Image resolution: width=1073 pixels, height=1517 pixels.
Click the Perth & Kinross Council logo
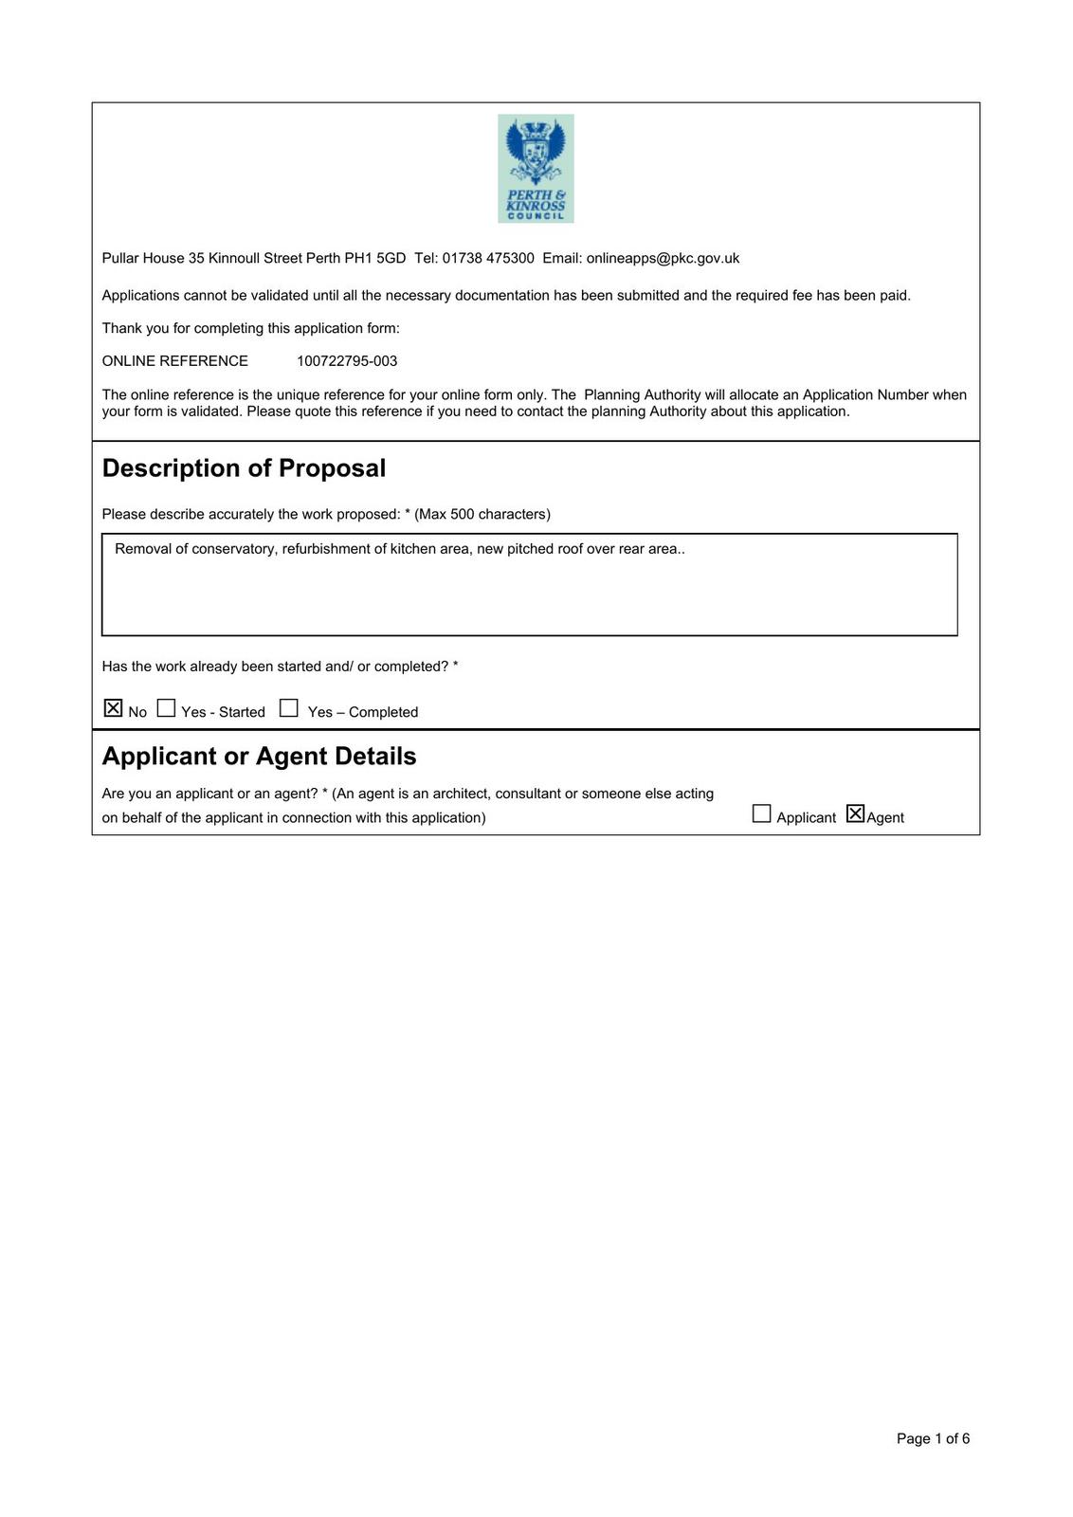(536, 169)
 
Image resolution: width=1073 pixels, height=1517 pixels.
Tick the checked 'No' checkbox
(114, 708)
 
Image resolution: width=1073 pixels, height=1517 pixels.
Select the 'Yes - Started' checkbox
(167, 708)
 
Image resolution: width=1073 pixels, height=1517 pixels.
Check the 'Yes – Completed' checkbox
(289, 708)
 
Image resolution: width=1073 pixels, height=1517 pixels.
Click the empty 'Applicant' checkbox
(761, 813)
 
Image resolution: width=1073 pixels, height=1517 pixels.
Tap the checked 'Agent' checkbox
(855, 813)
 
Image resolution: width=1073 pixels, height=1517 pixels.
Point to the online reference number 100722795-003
(347, 361)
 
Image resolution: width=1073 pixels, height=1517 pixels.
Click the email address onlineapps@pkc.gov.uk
(663, 258)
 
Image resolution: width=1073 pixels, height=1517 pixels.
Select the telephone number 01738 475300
(488, 258)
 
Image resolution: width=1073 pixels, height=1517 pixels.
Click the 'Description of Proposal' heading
(244, 468)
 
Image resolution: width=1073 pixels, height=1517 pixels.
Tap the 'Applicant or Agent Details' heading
(259, 756)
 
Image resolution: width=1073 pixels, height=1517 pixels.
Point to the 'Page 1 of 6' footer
(933, 1438)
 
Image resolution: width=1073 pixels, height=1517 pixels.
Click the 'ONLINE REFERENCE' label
(174, 361)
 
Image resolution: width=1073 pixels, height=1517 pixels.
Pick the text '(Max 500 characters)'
(482, 514)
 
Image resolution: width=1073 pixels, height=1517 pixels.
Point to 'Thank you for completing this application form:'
(250, 328)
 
